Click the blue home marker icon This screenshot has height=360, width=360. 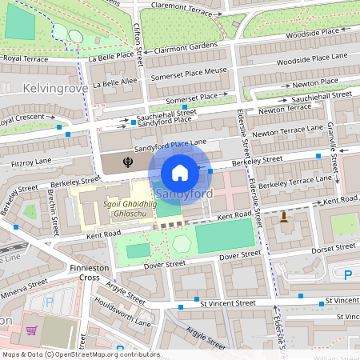tap(180, 172)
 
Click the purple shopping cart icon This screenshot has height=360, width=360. tap(31, 331)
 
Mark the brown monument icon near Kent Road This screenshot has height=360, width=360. tap(283, 216)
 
